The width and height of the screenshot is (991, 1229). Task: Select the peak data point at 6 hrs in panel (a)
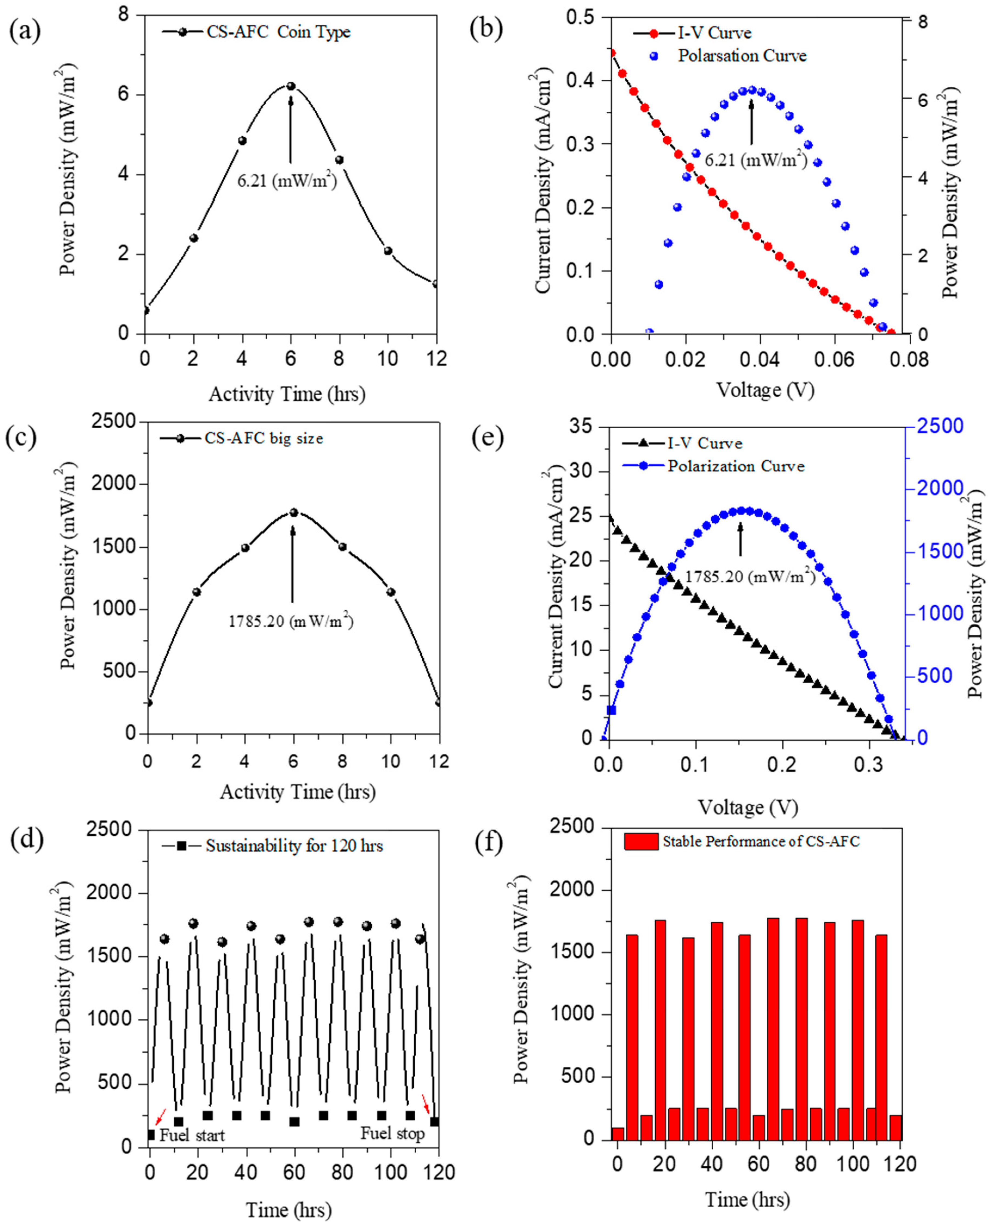coord(290,86)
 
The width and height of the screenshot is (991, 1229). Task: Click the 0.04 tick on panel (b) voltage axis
coord(759,360)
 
